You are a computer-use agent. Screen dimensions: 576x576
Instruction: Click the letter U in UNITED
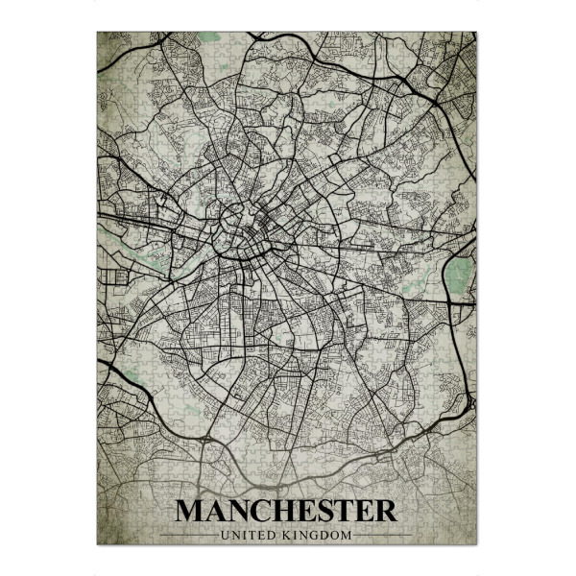pyautogui.click(x=223, y=534)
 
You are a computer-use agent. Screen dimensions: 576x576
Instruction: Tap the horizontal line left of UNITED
pyautogui.click(x=187, y=534)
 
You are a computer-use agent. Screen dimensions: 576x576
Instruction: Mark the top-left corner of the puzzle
pyautogui.click(x=98, y=33)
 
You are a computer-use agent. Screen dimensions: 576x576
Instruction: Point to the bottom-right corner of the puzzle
pyautogui.click(x=476, y=544)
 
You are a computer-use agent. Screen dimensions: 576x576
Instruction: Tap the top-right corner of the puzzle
pyautogui.click(x=476, y=33)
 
